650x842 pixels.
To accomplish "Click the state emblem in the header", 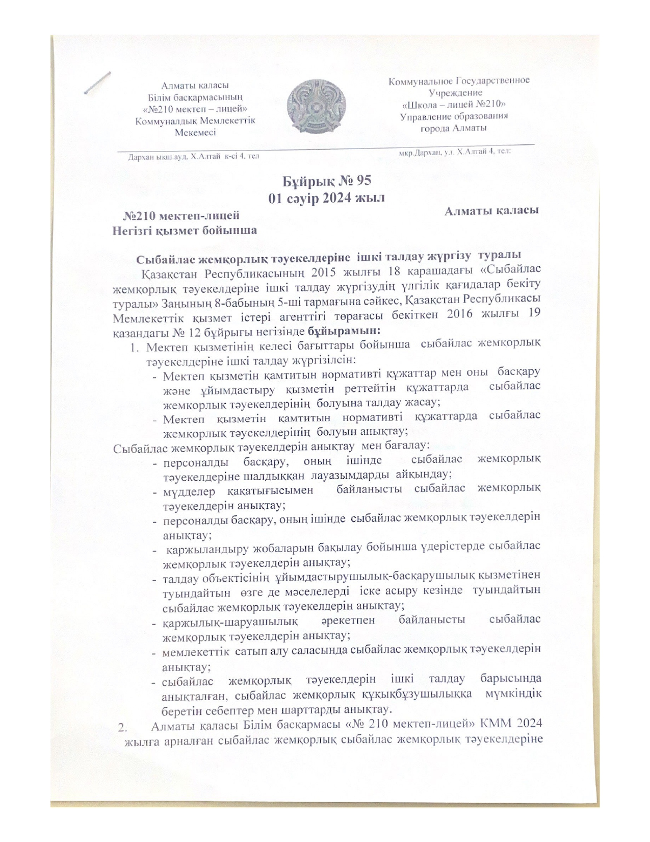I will pos(317,107).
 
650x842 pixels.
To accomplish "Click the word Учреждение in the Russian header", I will pos(455,92).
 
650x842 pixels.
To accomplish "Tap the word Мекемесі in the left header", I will pos(195,132).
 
